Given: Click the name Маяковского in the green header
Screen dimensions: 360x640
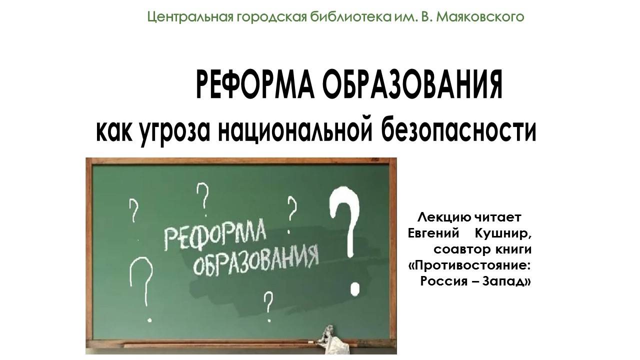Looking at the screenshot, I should click(480, 17).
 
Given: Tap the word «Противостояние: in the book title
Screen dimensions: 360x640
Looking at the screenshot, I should click(469, 264).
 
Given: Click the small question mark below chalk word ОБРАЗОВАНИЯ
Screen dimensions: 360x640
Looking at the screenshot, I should click(268, 305).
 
